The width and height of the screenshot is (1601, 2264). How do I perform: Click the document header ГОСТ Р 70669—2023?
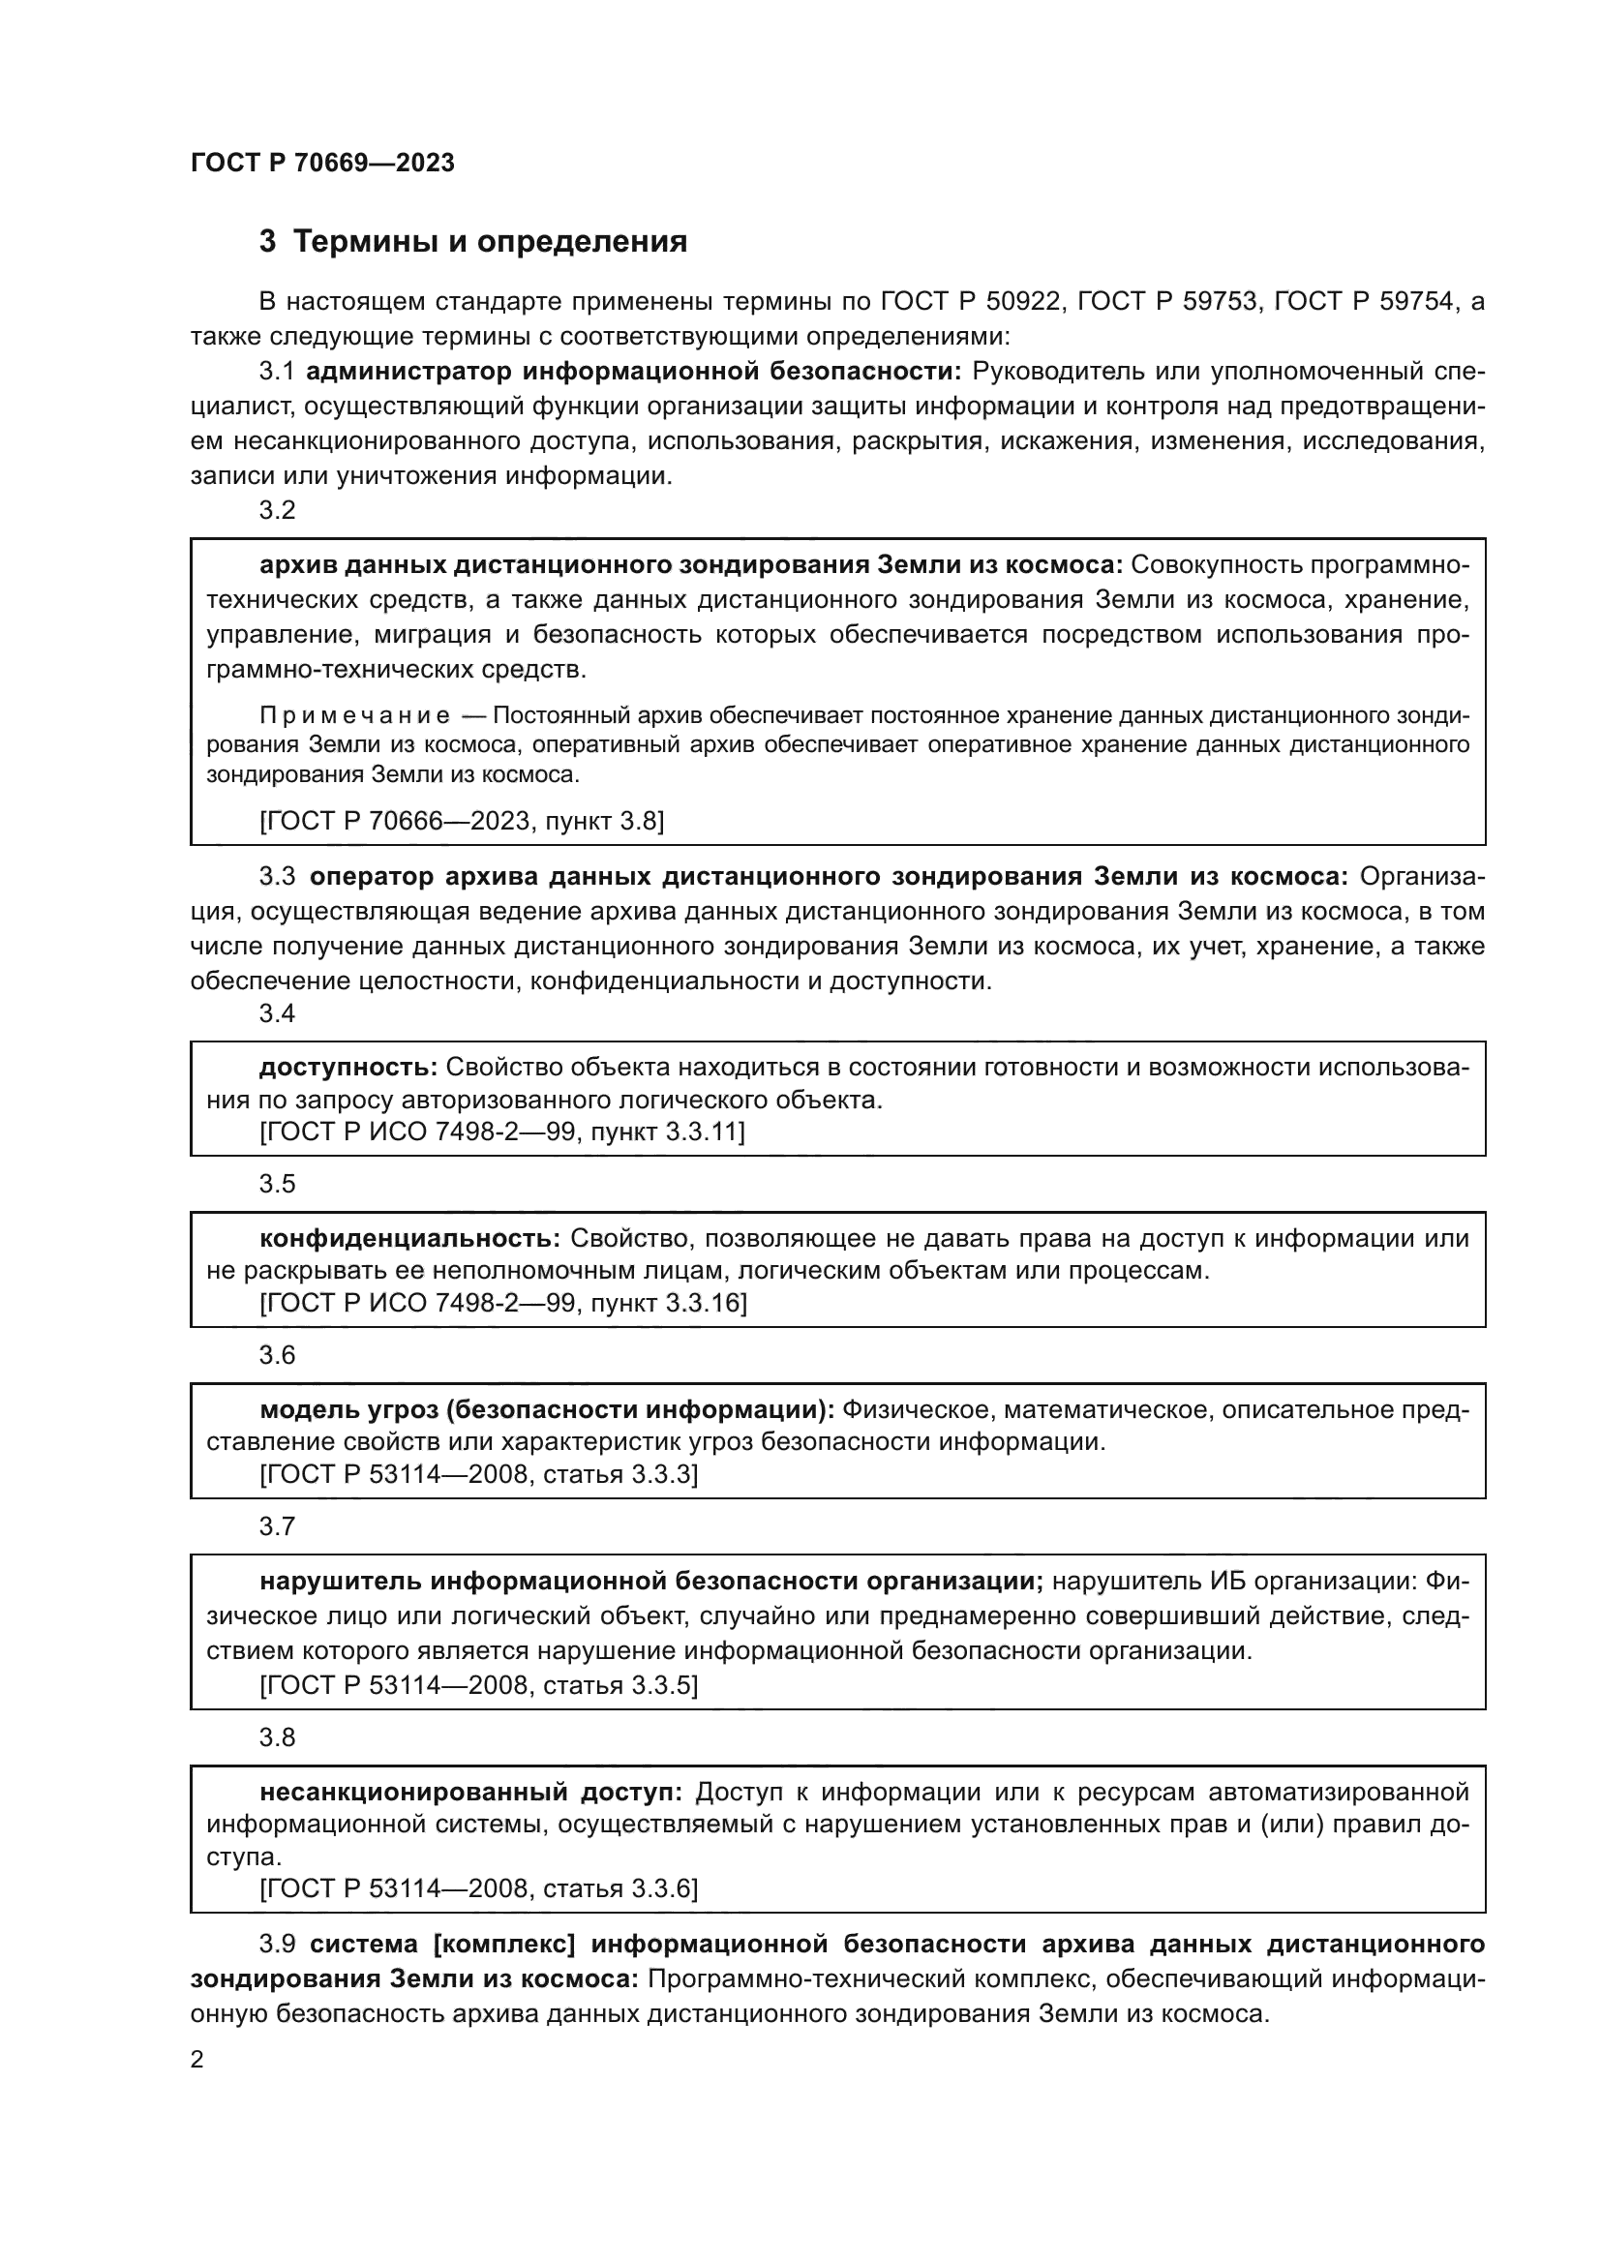(x=322, y=163)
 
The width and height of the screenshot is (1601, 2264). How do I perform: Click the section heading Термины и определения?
(x=490, y=241)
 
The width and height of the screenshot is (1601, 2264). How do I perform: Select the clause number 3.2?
(x=277, y=510)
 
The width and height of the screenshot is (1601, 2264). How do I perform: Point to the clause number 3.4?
(x=277, y=1012)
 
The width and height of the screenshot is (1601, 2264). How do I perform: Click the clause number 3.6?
(x=277, y=1355)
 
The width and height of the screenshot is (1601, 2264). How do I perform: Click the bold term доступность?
(x=348, y=1067)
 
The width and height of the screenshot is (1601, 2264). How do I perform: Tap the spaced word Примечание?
(x=355, y=715)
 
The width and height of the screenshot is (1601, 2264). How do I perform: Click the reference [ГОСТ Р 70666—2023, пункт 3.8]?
(x=462, y=821)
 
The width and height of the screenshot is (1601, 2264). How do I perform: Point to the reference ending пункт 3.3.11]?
(x=501, y=1132)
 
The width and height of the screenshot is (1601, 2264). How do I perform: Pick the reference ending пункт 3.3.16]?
(x=502, y=1303)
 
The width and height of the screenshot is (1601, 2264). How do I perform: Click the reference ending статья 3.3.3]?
(x=478, y=1474)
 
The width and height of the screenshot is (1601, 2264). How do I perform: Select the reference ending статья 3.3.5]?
(x=478, y=1685)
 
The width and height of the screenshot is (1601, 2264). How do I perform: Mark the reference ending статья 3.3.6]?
(x=478, y=1888)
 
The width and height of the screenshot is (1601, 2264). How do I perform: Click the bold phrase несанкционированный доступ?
(x=470, y=1792)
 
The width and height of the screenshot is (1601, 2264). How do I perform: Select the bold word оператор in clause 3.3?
(x=372, y=877)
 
